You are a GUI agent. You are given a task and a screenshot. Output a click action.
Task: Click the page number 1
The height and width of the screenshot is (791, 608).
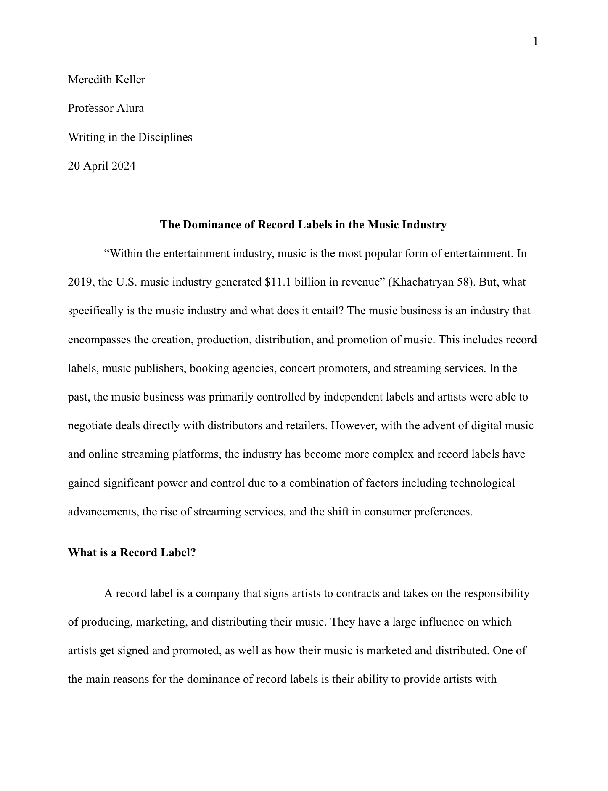pyautogui.click(x=535, y=42)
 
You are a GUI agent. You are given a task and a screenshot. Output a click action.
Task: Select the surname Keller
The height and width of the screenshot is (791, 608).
pyautogui.click(x=130, y=80)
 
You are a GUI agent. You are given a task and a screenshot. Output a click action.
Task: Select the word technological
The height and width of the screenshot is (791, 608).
pyautogui.click(x=482, y=483)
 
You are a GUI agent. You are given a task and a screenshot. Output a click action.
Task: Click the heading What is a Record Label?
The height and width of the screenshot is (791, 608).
pyautogui.click(x=132, y=552)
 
